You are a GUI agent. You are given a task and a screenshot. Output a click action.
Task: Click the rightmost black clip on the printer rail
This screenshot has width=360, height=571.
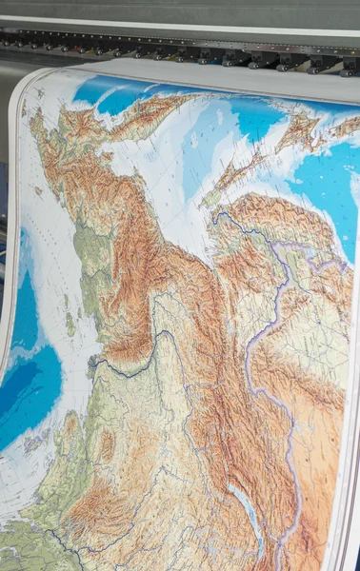[349, 66]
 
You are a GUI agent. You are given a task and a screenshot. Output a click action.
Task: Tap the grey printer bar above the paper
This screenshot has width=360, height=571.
[190, 19]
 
